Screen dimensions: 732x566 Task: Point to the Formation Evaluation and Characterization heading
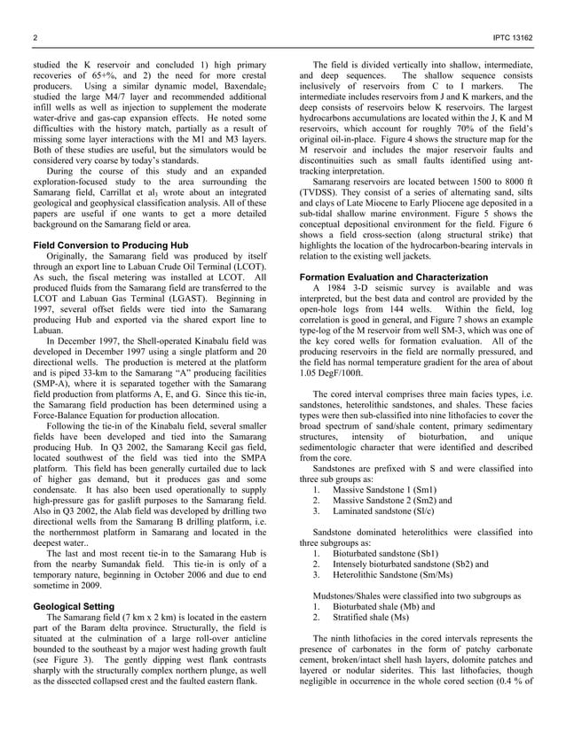pyautogui.click(x=394, y=277)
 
